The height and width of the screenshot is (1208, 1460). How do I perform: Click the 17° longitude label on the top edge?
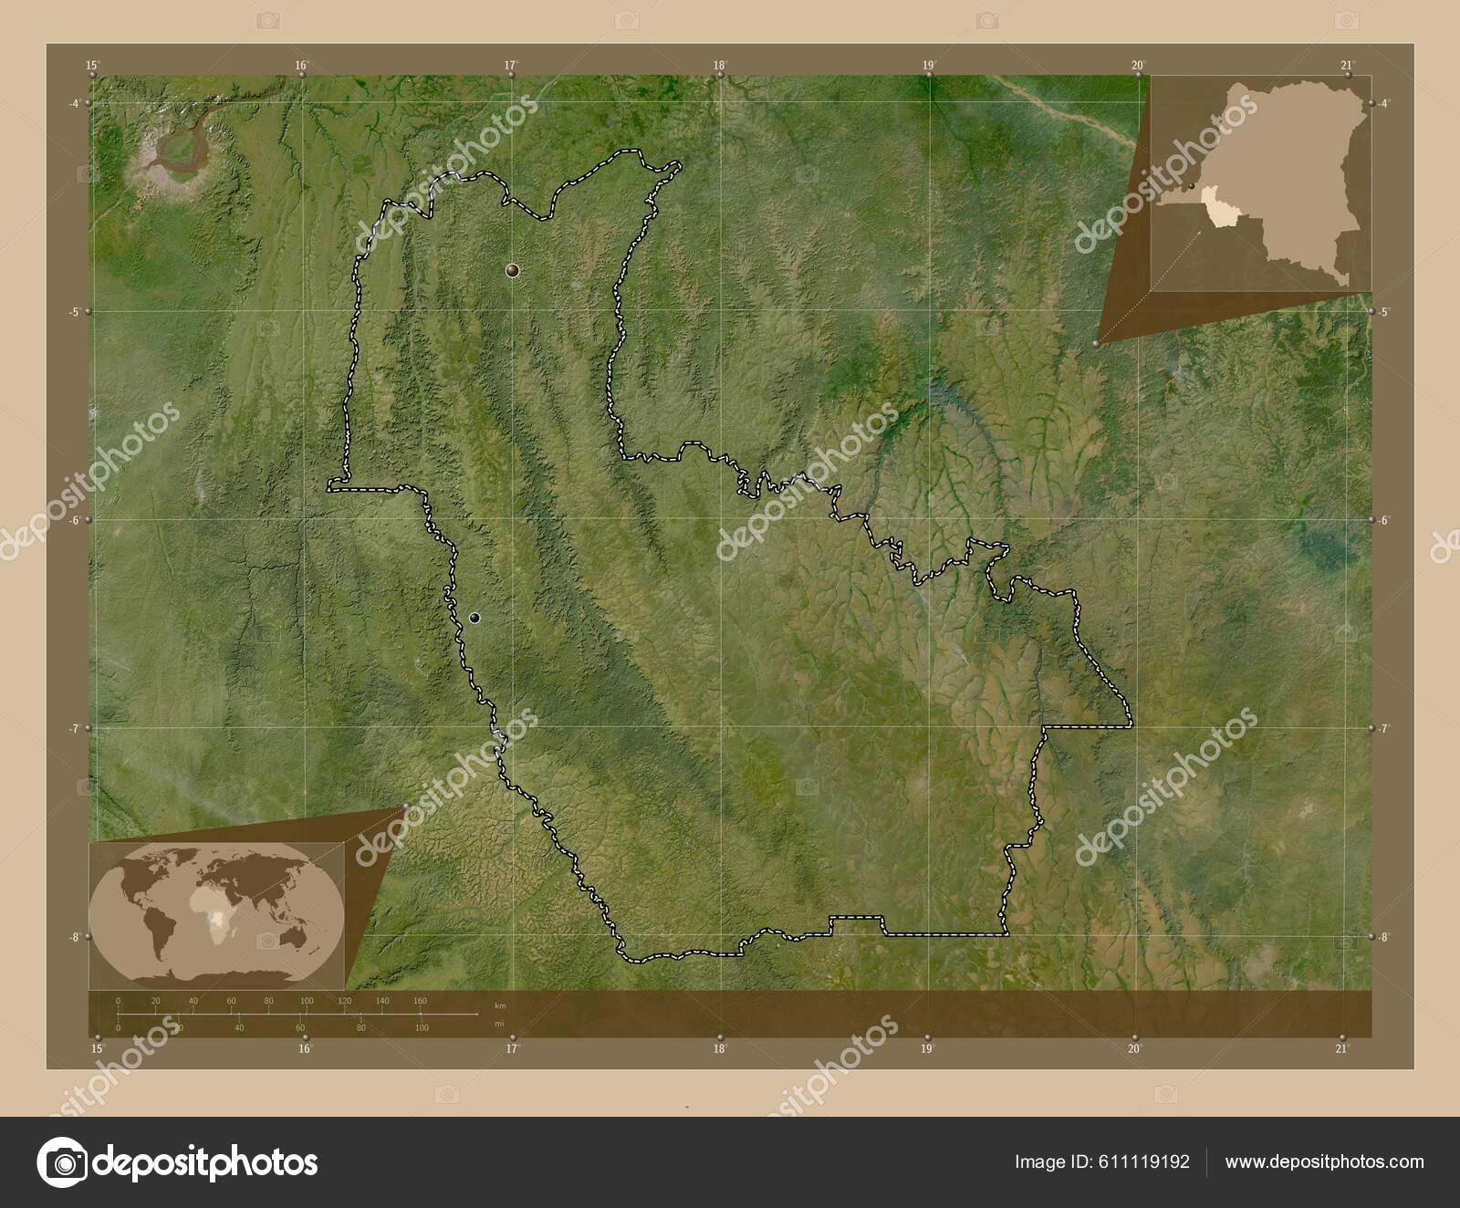pos(511,65)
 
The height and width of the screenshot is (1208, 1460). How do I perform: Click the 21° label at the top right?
pos(1347,65)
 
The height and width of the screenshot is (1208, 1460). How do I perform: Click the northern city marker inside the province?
pos(513,270)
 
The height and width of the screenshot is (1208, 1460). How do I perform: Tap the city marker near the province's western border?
pos(474,618)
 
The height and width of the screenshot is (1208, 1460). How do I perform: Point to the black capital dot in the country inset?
pos(1190,185)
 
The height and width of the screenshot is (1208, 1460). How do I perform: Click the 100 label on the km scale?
pos(307,1001)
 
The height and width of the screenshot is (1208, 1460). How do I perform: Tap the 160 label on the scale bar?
pos(420,1001)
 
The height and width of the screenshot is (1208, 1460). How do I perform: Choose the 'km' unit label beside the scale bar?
pos(498,1005)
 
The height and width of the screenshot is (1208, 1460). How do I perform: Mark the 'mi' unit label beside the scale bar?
pos(498,1024)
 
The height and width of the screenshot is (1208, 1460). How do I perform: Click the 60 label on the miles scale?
pos(300,1028)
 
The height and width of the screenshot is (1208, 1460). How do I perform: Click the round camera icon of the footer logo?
pos(62,1162)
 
